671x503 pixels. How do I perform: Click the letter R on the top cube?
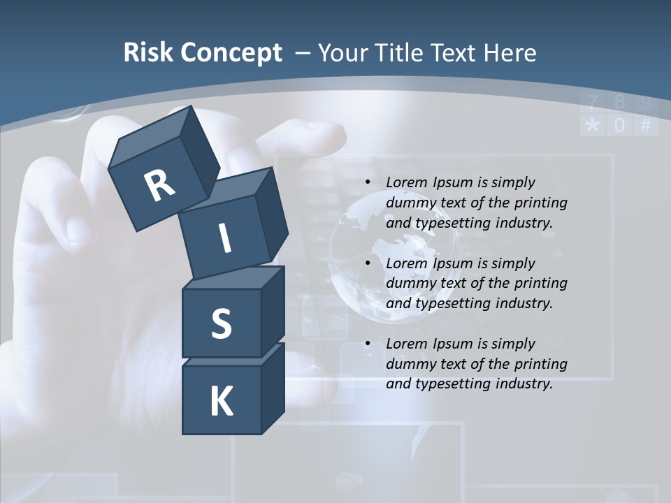(159, 185)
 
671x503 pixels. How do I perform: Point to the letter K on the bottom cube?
(221, 401)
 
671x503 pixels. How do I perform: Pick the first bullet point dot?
(368, 182)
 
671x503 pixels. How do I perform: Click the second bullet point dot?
(368, 263)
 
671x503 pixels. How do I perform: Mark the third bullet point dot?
(368, 344)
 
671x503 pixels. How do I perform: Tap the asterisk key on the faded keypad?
(592, 126)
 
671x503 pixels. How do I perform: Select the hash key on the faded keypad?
(645, 126)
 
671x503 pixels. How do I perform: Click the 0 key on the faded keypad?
(619, 126)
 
